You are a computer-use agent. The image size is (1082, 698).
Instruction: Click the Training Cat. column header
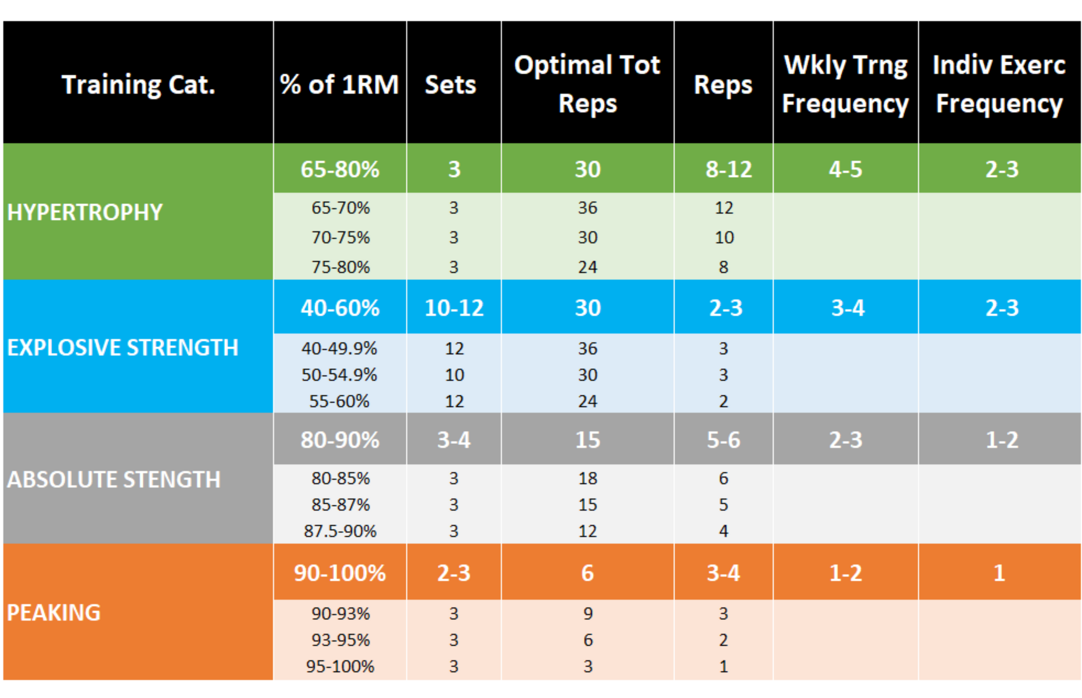tap(138, 85)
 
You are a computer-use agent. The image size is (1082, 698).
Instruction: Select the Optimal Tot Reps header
tap(587, 84)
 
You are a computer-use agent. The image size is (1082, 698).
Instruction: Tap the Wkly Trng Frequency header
tap(845, 84)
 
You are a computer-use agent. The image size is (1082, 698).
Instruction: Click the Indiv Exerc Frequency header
tap(999, 84)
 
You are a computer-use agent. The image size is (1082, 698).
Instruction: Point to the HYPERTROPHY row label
tap(85, 212)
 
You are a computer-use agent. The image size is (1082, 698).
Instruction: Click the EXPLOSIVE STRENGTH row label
tap(122, 348)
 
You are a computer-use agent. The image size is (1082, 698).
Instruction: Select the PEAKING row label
tap(54, 613)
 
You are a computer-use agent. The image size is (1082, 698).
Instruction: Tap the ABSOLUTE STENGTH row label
tap(113, 480)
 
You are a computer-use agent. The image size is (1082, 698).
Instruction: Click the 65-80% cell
tap(340, 170)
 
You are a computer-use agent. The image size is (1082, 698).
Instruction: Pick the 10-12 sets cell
tap(454, 308)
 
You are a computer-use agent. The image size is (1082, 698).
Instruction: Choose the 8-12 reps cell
tap(728, 170)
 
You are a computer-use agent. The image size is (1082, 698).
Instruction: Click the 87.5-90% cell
tap(340, 531)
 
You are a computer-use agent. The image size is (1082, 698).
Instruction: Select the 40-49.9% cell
tap(339, 349)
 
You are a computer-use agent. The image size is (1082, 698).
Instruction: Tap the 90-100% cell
tap(340, 573)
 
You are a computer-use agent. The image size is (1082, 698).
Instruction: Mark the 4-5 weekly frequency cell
tap(845, 170)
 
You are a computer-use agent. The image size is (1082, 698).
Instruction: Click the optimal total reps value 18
tap(587, 479)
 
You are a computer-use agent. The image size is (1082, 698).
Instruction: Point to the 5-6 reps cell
tap(723, 440)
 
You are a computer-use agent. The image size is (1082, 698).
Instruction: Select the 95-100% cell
tap(340, 667)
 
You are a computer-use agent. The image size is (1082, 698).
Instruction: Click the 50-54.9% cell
tap(339, 375)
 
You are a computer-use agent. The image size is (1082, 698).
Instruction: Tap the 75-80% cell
tap(340, 267)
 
